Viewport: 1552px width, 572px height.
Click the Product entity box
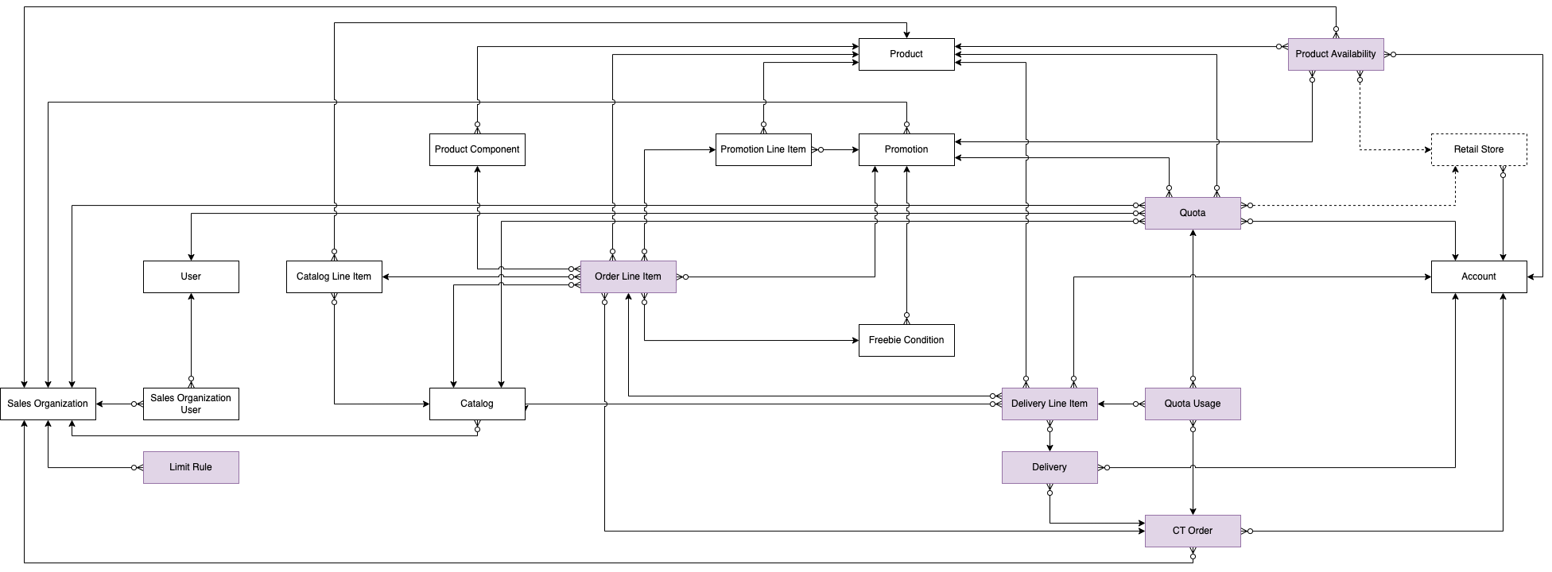coord(906,54)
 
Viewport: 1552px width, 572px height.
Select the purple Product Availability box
coord(1335,54)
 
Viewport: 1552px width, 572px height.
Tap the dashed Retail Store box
coord(1478,149)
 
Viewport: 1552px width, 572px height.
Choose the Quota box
coord(1192,213)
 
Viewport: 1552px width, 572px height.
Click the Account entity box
coord(1478,276)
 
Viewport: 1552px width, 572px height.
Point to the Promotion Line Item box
coord(762,149)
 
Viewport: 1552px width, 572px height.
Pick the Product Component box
coord(477,149)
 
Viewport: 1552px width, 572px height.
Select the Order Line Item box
coord(627,276)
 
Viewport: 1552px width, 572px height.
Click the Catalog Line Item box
coord(333,276)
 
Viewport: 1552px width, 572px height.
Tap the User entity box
coord(191,276)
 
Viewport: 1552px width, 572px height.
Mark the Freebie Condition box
coord(906,340)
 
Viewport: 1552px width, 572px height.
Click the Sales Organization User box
coord(191,404)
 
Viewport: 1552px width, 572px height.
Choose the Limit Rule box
coord(191,467)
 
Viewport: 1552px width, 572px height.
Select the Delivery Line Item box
coord(1049,404)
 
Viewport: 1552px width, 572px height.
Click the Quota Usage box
coord(1192,404)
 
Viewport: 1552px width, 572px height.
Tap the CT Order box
coord(1192,531)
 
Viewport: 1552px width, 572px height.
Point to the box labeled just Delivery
coord(1049,467)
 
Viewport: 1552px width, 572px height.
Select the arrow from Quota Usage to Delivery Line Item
coord(1121,404)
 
